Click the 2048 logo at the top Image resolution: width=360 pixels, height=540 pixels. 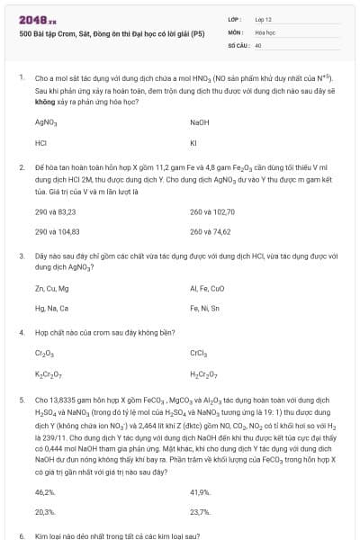coord(38,19)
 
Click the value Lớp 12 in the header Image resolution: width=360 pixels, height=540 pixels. coord(264,19)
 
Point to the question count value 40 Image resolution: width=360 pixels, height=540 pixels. coord(258,43)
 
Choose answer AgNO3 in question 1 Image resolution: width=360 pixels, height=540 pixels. coord(46,121)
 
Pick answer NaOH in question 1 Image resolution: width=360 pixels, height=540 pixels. coord(199,121)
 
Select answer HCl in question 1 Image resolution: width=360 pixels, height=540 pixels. coord(40,142)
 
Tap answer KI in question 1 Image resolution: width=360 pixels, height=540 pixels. coord(193,142)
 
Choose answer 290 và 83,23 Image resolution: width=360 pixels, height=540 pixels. coord(55,211)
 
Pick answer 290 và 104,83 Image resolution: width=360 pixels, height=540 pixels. coord(57,232)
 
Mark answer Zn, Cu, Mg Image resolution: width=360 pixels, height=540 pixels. coord(51,288)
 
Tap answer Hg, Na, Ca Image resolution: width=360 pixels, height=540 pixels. coord(51,309)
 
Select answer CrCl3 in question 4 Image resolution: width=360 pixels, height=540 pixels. coord(199,354)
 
